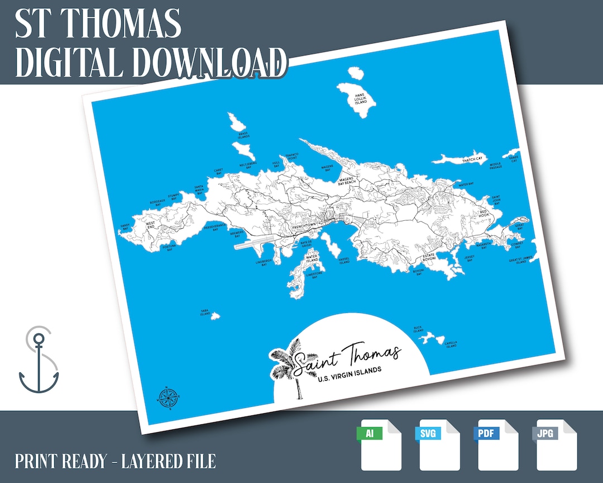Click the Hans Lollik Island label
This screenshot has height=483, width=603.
pos(361,98)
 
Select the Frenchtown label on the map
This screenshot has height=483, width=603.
pos(304,225)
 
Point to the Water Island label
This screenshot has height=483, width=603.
pos(312,258)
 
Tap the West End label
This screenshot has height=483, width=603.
pos(150,225)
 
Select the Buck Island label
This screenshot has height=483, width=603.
pos(419,329)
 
